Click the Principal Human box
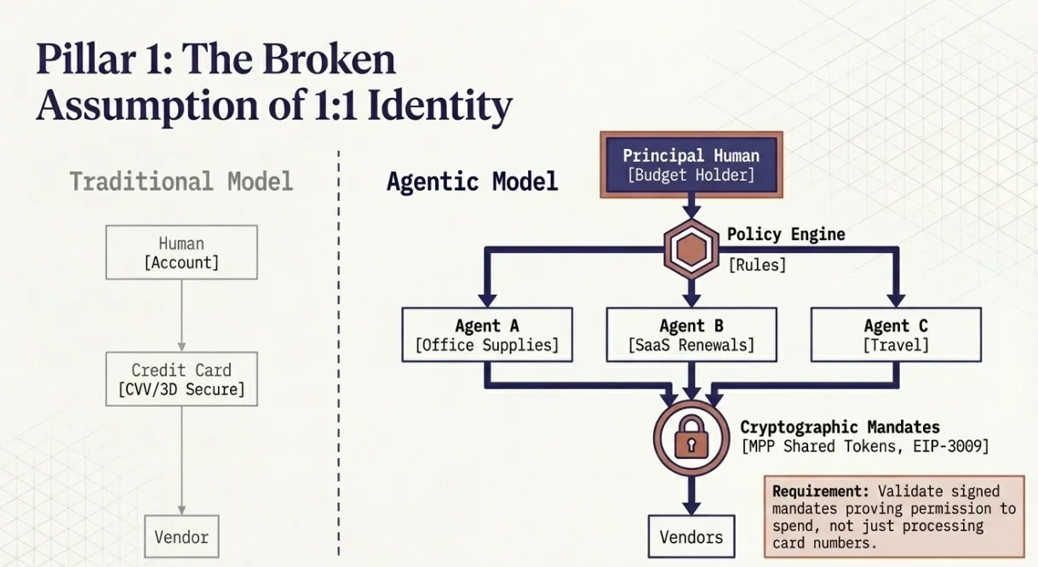[x=691, y=165]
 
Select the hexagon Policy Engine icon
[x=691, y=249]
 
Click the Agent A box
[x=486, y=335]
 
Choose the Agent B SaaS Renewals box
[x=691, y=335]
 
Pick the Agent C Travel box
[x=895, y=335]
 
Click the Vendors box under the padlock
[x=691, y=537]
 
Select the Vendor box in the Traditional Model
[x=181, y=537]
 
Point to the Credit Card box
[x=181, y=380]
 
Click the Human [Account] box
[x=181, y=252]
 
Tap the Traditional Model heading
[x=181, y=181]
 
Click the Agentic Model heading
[x=472, y=181]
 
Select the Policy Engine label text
[x=785, y=234]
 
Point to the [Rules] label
[x=756, y=265]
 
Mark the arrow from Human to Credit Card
[x=181, y=315]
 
